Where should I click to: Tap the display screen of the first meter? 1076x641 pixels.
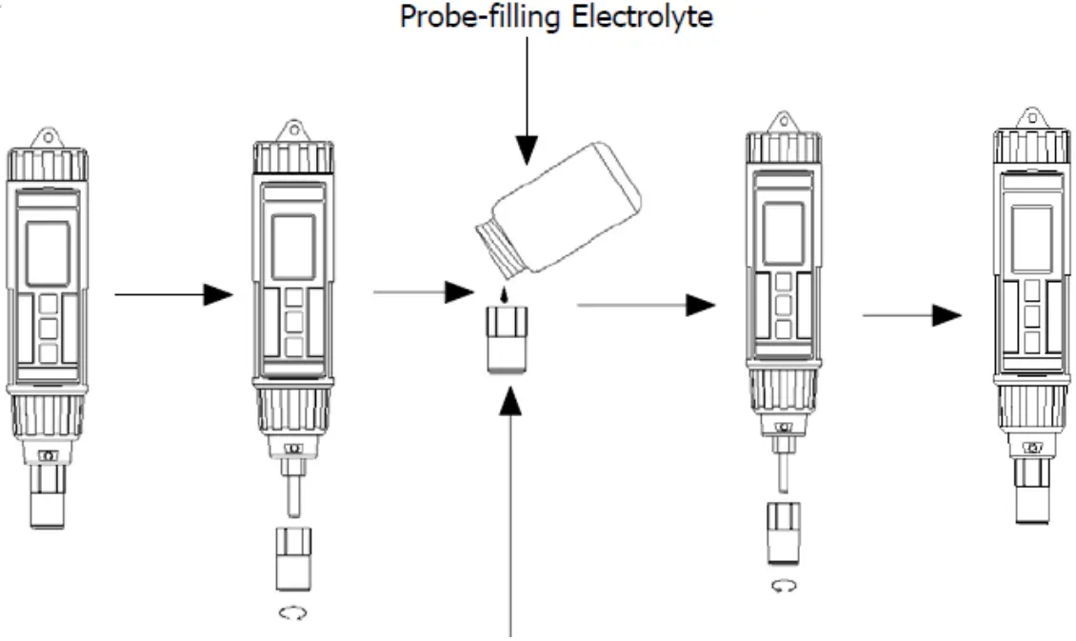pyautogui.click(x=48, y=254)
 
